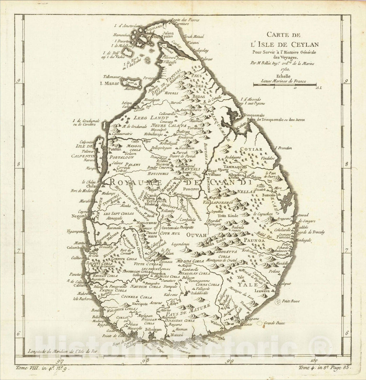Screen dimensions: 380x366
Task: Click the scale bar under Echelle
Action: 285,85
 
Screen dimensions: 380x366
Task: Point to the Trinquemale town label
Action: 255,115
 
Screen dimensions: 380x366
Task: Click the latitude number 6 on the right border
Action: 346,333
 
